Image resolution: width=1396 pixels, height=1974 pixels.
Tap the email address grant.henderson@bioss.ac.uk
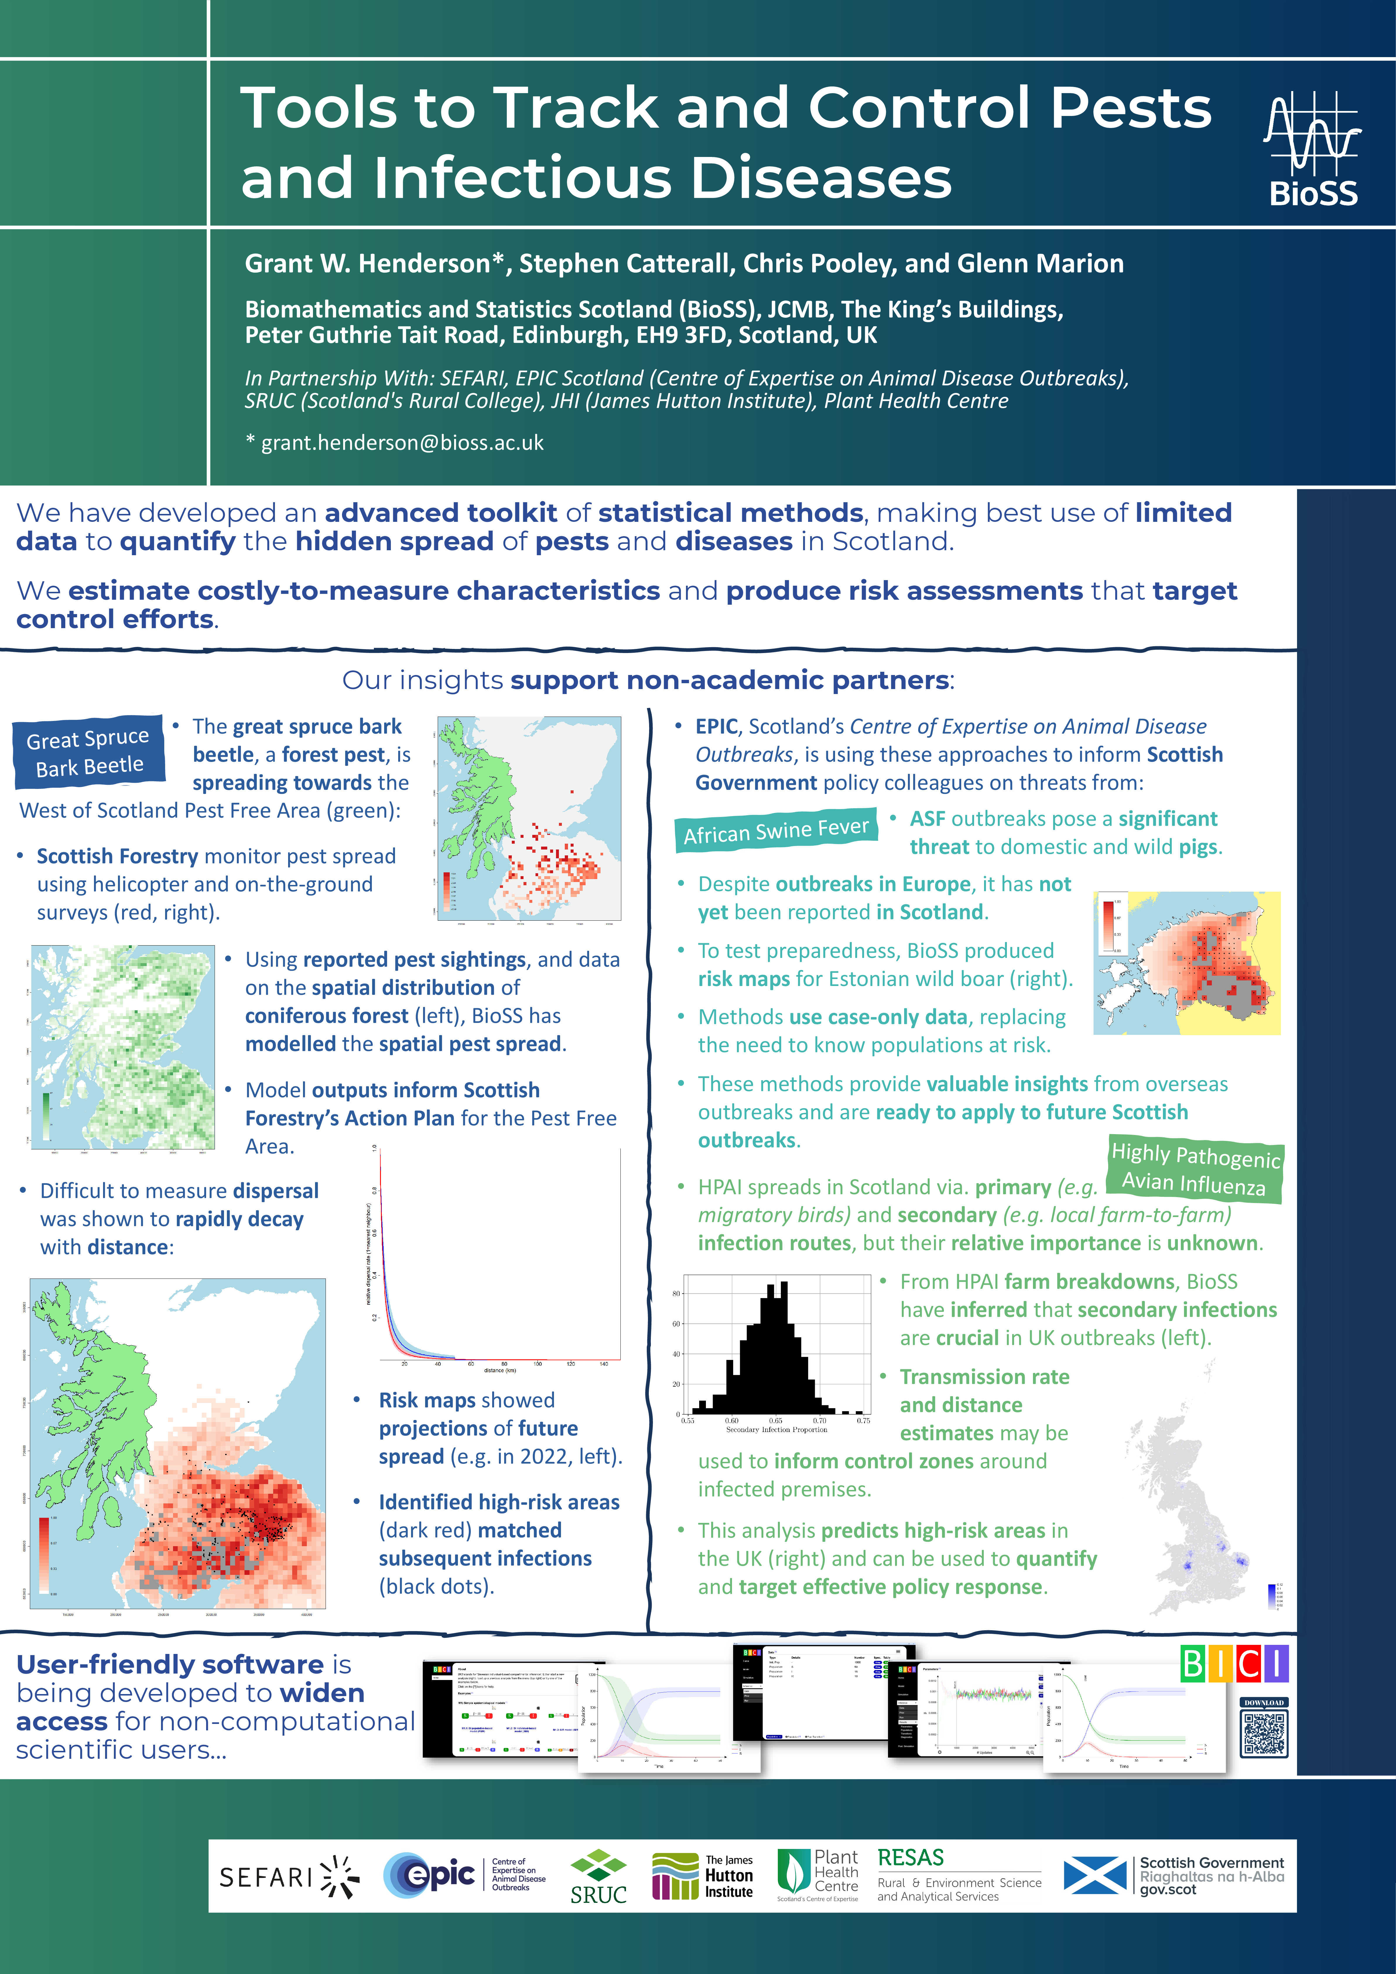coord(402,443)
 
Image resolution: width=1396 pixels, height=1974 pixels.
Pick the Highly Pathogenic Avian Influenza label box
coord(1195,1169)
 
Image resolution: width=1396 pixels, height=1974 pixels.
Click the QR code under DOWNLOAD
coord(1264,1733)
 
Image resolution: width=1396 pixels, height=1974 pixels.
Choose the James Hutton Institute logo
coord(702,1876)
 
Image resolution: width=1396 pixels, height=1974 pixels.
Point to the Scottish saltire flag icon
coord(1094,1875)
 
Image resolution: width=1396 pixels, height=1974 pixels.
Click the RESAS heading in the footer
coord(910,1857)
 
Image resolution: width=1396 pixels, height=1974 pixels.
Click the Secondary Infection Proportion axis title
coord(776,1430)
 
